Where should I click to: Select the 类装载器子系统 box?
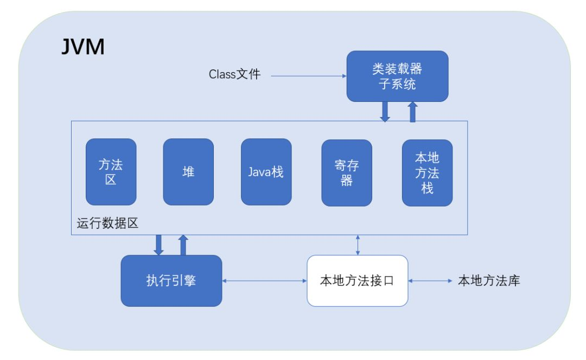point(397,76)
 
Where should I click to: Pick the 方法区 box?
point(111,172)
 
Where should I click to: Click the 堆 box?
point(188,172)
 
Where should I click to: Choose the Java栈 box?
point(266,172)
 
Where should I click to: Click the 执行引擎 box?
point(171,280)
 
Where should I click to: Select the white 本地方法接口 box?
point(357,281)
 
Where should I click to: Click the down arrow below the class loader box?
point(385,111)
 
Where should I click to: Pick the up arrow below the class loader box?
point(412,111)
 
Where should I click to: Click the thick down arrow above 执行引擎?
point(158,245)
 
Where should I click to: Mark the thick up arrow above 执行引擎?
point(183,245)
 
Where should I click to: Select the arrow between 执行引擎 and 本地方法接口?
point(265,281)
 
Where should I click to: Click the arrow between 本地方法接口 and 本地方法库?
point(430,281)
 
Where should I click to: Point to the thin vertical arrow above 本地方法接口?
point(358,245)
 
